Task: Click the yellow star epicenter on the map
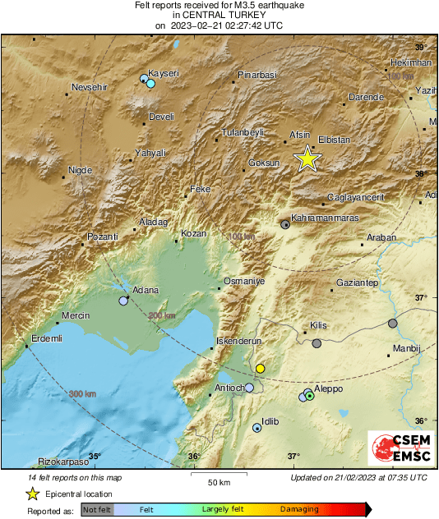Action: tap(307, 158)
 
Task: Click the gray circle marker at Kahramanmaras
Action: tap(285, 223)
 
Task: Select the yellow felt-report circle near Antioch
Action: tap(260, 369)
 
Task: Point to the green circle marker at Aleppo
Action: tap(310, 396)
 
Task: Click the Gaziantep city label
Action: tap(357, 282)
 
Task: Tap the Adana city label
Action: tap(145, 291)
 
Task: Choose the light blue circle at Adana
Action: tap(123, 301)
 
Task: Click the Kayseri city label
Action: tap(163, 72)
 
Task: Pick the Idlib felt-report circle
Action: tap(257, 428)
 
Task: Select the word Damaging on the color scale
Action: tap(299, 510)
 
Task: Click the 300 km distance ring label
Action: tap(82, 394)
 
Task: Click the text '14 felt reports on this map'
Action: tap(76, 477)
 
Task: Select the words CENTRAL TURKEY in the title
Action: tap(219, 15)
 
